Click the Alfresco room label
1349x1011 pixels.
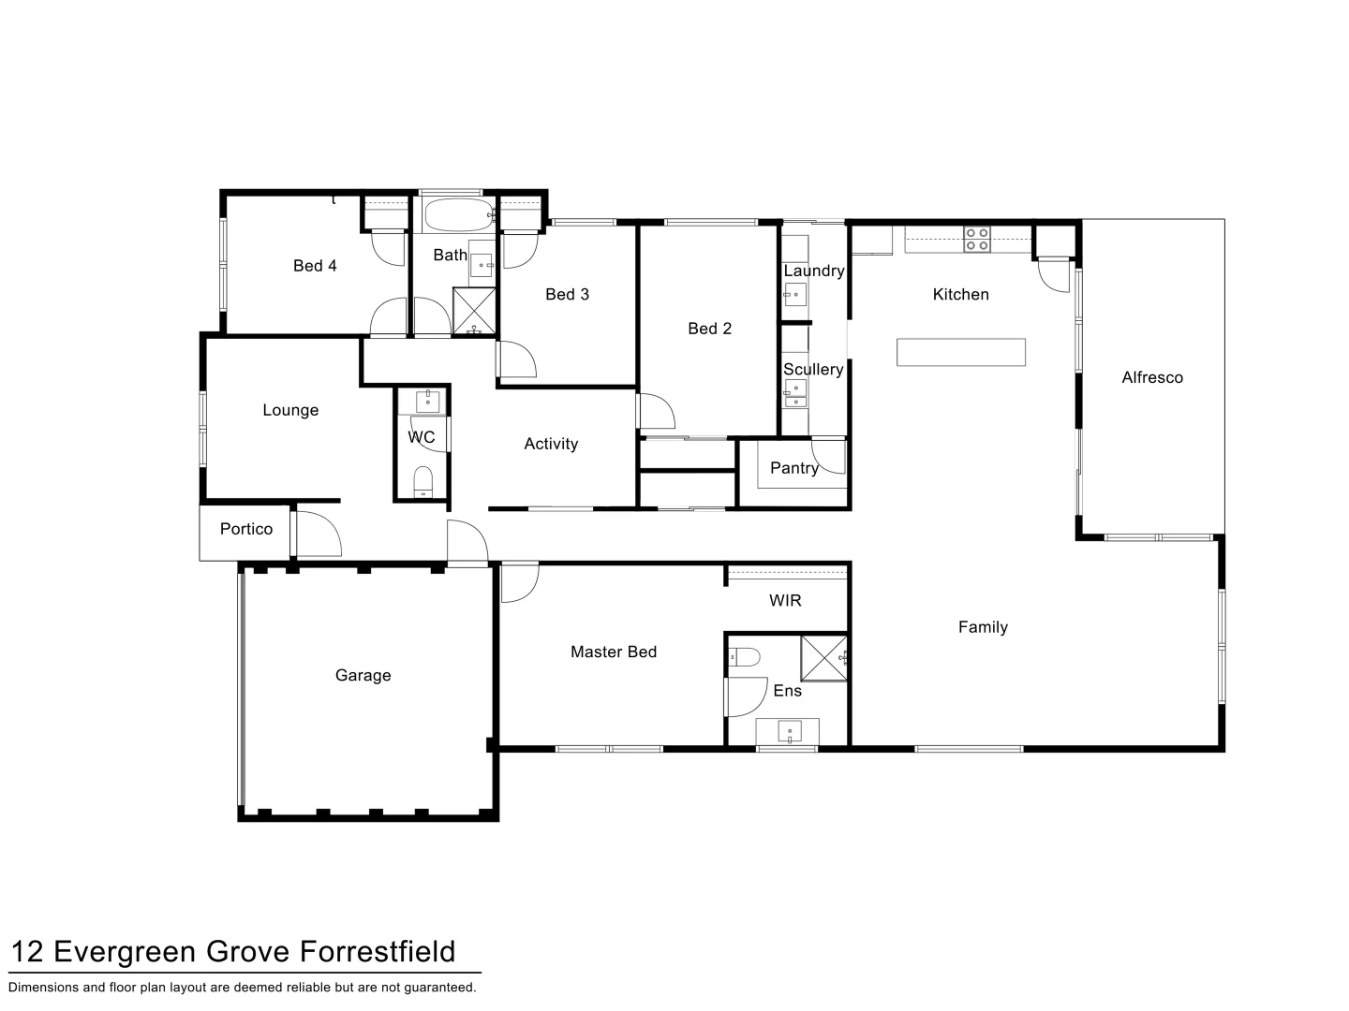click(1151, 377)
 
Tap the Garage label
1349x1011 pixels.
click(363, 675)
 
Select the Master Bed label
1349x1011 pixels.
click(613, 652)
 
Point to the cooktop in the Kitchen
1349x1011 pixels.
click(976, 240)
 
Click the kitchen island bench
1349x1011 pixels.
click(960, 352)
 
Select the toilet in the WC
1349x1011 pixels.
click(423, 481)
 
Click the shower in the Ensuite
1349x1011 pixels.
click(823, 658)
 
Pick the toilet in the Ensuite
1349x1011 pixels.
click(745, 657)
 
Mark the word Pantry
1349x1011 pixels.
click(793, 468)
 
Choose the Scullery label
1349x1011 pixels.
click(813, 369)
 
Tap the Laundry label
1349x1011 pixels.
click(813, 271)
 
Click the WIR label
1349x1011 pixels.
click(785, 600)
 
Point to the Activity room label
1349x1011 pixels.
click(551, 444)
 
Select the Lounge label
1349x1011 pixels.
click(290, 410)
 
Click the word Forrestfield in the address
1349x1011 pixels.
click(378, 952)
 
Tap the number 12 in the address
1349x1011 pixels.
click(26, 952)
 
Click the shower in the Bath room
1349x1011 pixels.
click(474, 311)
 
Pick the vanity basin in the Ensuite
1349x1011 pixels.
click(789, 730)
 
